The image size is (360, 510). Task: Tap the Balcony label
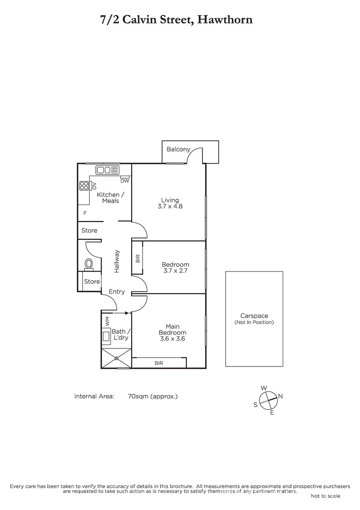[178, 149]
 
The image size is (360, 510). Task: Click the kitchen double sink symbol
[108, 170]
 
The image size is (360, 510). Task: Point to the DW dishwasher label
[125, 181]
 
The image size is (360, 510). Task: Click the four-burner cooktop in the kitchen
[84, 186]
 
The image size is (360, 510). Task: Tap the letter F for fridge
[85, 213]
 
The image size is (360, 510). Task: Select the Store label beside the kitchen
[89, 230]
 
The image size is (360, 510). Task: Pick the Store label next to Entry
[92, 281]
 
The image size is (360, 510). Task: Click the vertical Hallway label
[117, 261]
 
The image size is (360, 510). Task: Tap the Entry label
[117, 292]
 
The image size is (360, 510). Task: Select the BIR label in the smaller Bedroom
[137, 258]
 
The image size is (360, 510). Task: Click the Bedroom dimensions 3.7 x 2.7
[175, 271]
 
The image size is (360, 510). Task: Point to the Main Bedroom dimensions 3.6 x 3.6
[172, 339]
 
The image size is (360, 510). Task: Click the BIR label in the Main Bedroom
[159, 363]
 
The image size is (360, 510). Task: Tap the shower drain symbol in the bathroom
[117, 358]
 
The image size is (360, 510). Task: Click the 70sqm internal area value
[152, 396]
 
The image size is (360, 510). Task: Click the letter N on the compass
[280, 397]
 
